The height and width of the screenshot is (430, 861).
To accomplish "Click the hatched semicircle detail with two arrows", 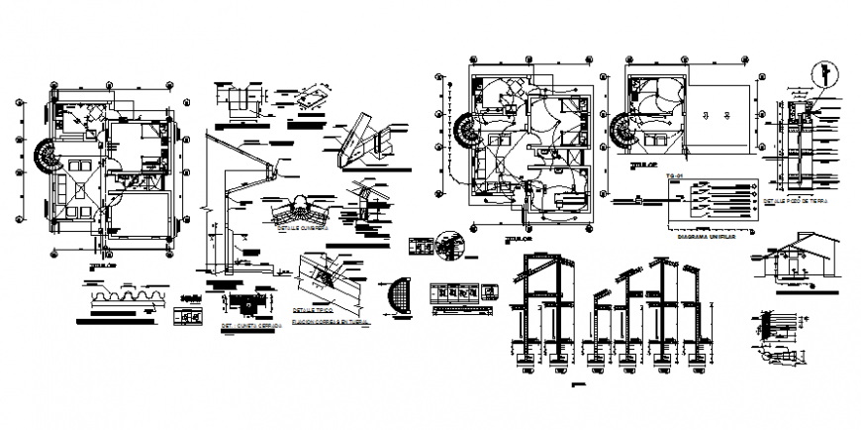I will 401,296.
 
